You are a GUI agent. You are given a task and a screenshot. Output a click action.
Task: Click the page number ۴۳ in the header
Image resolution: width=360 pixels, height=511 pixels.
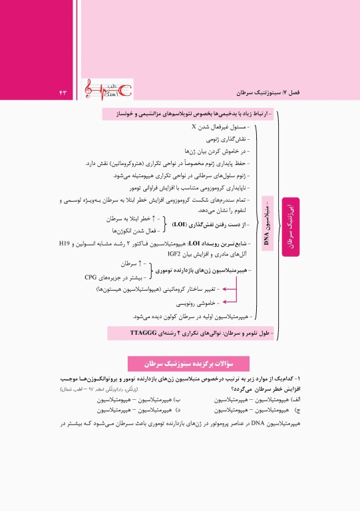65,90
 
